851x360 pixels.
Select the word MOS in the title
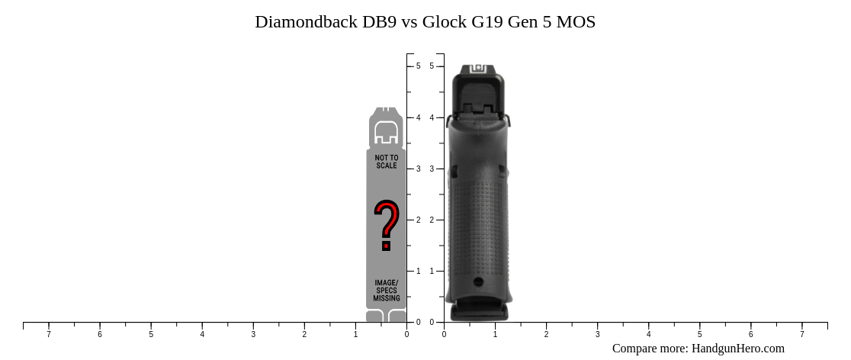[x=576, y=22]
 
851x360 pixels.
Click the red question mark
[x=387, y=225]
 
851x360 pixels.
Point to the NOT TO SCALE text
[x=387, y=162]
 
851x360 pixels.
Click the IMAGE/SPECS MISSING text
[x=387, y=291]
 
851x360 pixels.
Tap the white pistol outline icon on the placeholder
[x=387, y=132]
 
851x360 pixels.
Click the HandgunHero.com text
[x=737, y=349]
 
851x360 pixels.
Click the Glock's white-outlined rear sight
[x=478, y=69]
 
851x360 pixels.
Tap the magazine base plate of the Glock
[x=479, y=312]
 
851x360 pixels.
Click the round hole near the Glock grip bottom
[x=478, y=281]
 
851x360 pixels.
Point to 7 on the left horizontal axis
[x=49, y=334]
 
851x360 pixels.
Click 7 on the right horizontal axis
[x=801, y=334]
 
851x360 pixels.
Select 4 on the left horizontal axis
[x=202, y=334]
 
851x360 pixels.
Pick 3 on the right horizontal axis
[x=597, y=334]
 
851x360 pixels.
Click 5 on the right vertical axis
[x=432, y=66]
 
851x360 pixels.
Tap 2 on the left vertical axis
[x=418, y=220]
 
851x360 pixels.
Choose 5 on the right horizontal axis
[x=699, y=334]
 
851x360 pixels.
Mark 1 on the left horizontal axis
[x=355, y=334]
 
